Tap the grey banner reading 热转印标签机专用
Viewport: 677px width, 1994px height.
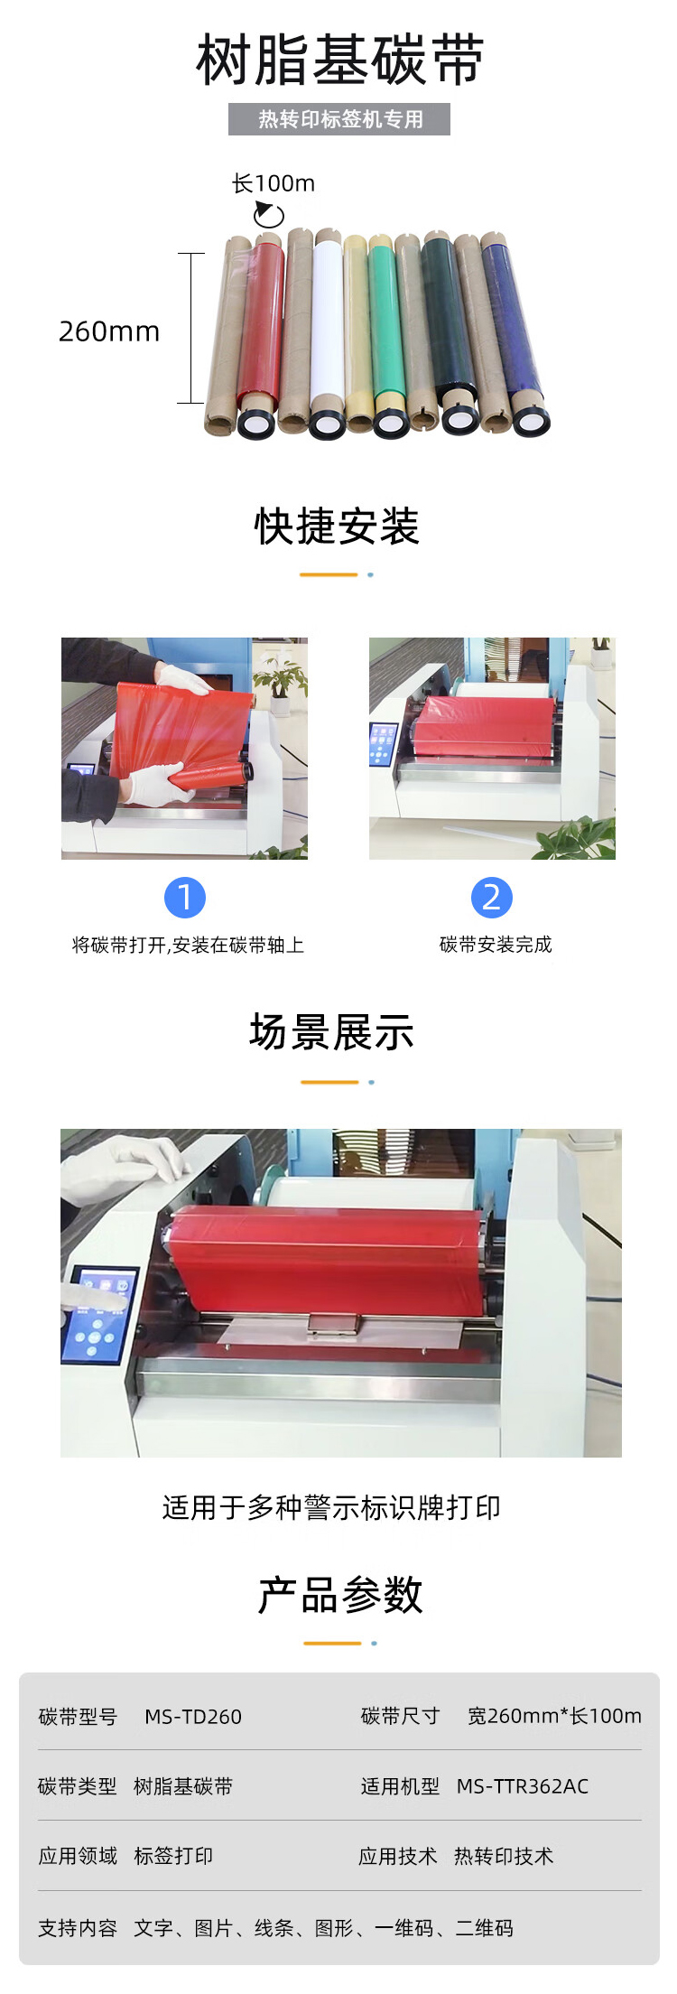339,119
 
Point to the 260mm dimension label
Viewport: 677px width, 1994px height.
109,331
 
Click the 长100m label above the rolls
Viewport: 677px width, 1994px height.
274,183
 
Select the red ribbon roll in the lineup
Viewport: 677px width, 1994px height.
262,334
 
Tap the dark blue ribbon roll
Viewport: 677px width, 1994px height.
515,334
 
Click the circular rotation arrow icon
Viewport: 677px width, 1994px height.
268,214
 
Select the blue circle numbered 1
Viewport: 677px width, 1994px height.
185,898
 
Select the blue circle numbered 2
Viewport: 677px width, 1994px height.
492,898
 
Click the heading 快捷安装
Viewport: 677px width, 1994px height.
338,526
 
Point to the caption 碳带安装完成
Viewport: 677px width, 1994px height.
496,945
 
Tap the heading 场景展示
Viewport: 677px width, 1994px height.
332,1032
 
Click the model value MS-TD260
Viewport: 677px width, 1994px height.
193,1717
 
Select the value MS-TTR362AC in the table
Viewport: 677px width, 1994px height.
523,1786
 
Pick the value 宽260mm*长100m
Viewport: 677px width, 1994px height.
554,1716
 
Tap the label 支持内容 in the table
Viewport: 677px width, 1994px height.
78,1928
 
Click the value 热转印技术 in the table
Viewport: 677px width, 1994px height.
504,1856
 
